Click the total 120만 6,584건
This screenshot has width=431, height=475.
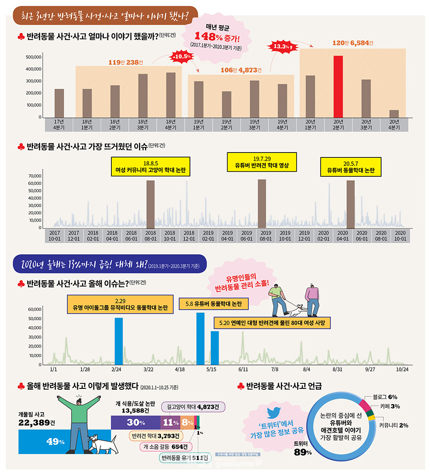pos(353,43)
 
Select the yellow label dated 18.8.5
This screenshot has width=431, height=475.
pos(151,166)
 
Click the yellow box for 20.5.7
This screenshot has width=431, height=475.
pos(351,166)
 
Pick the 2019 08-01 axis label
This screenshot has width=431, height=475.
pos(266,236)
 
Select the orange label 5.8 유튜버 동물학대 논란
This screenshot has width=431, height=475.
pos(214,304)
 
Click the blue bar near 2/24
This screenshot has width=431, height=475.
pos(119,341)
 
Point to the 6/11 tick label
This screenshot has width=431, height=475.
pos(243,369)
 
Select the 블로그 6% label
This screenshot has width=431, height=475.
pos(385,397)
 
